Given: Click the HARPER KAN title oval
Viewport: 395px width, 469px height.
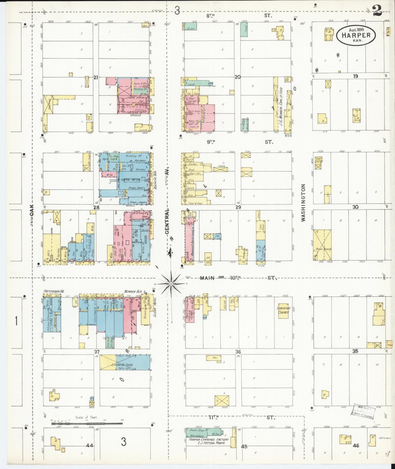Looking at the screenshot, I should [356, 35].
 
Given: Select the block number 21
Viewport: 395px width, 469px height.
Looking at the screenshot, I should [95, 77].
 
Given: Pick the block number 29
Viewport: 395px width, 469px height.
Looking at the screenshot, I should [238, 207].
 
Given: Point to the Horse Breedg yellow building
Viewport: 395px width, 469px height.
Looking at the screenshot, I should [322, 245].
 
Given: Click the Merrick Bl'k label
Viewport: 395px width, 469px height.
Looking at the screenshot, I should [132, 291].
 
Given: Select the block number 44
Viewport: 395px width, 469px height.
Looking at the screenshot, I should [89, 445].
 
